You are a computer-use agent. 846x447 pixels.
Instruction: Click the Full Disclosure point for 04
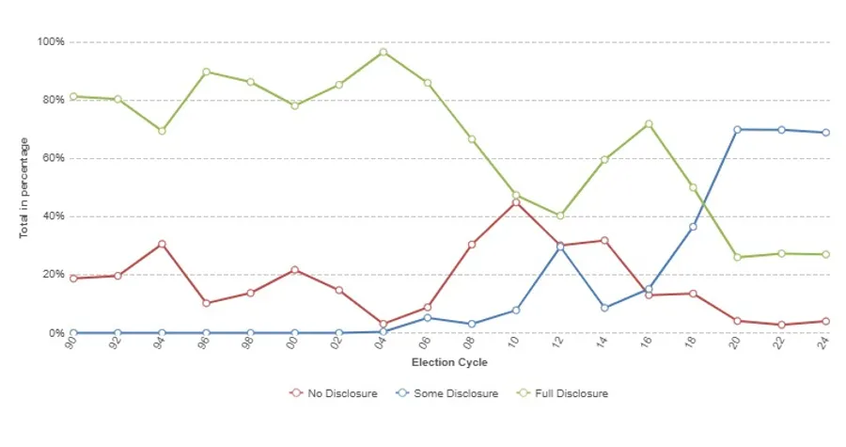(x=383, y=52)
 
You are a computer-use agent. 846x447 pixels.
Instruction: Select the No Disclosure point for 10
(x=515, y=202)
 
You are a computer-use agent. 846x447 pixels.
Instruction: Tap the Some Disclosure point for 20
(x=737, y=129)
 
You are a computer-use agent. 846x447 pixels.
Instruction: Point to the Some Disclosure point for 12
(x=560, y=247)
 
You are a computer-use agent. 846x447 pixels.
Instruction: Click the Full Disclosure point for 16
(x=649, y=124)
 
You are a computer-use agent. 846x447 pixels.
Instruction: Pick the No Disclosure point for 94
(x=162, y=244)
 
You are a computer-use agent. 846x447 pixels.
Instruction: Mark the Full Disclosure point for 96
(x=206, y=72)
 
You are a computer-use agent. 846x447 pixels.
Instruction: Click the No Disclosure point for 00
(x=294, y=270)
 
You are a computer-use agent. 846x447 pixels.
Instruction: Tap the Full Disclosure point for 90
(x=73, y=96)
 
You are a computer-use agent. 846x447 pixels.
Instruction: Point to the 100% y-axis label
(x=50, y=42)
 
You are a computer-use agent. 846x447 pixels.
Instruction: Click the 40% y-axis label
(x=52, y=216)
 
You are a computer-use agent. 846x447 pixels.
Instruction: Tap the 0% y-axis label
(x=55, y=333)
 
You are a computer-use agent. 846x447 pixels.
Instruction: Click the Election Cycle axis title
(x=449, y=362)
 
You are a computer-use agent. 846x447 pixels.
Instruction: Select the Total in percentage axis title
(x=24, y=188)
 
